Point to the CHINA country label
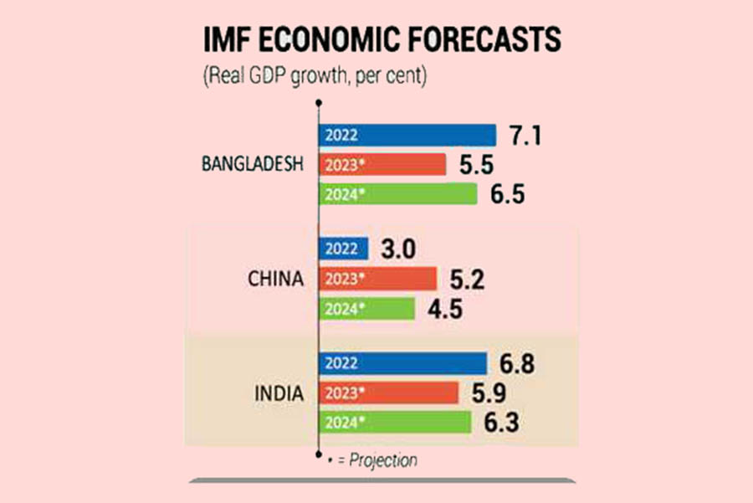pos(275,279)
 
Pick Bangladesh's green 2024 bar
pos(398,194)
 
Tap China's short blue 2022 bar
pos(344,249)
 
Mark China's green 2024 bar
pos(367,309)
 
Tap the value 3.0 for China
pos(397,249)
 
